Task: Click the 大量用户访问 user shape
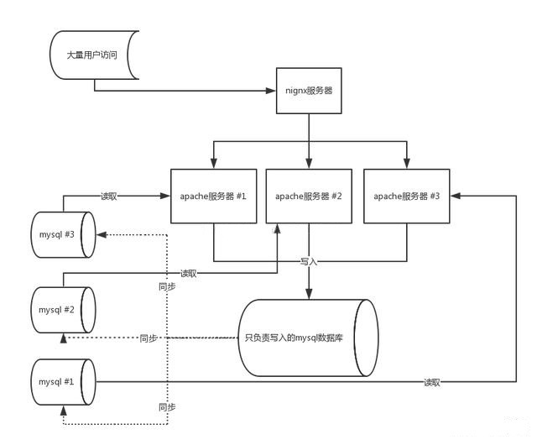point(93,55)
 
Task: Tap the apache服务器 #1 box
point(213,196)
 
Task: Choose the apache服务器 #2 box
point(308,196)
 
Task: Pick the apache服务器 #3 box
point(406,196)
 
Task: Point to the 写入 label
point(309,262)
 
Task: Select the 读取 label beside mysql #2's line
point(189,273)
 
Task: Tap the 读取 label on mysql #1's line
point(431,382)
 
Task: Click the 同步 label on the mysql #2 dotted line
point(149,338)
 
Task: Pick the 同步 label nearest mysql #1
point(167,407)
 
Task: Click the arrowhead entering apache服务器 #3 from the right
point(454,196)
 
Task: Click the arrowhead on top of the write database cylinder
point(310,294)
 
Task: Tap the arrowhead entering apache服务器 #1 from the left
point(167,196)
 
